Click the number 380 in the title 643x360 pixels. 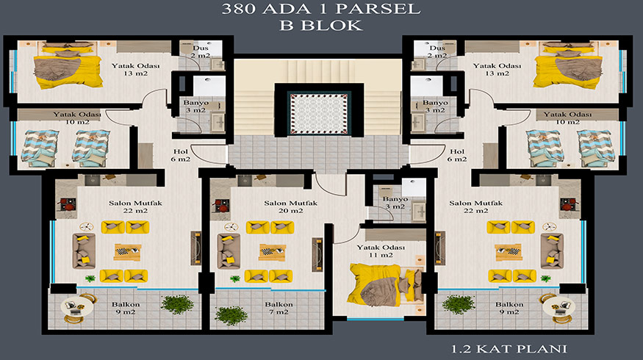click(238, 9)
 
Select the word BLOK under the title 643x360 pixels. click(331, 26)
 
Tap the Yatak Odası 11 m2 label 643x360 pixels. click(381, 251)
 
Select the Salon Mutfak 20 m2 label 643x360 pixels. click(290, 206)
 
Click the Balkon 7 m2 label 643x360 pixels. click(279, 308)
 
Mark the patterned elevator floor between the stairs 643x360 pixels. click(319, 114)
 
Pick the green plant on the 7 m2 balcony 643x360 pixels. click(231, 315)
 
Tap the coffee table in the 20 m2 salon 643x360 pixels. click(273, 252)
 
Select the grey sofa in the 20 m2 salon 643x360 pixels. click(229, 251)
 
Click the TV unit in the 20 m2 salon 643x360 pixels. click(317, 255)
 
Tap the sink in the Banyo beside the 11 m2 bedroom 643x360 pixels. click(418, 212)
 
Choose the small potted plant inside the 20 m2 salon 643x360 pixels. click(235, 278)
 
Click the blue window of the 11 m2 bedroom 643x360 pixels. click(376, 318)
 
